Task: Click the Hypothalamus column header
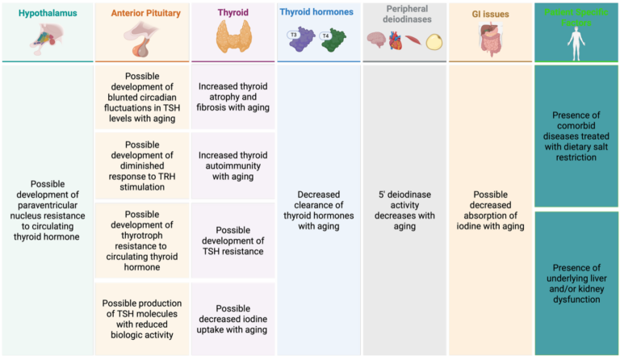46,12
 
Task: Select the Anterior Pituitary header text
142,12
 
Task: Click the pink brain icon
376,40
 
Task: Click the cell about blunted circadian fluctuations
142,98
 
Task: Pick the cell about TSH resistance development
233,241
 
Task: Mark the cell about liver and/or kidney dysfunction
576,283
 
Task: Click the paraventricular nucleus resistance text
47,210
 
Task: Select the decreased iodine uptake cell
233,319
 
